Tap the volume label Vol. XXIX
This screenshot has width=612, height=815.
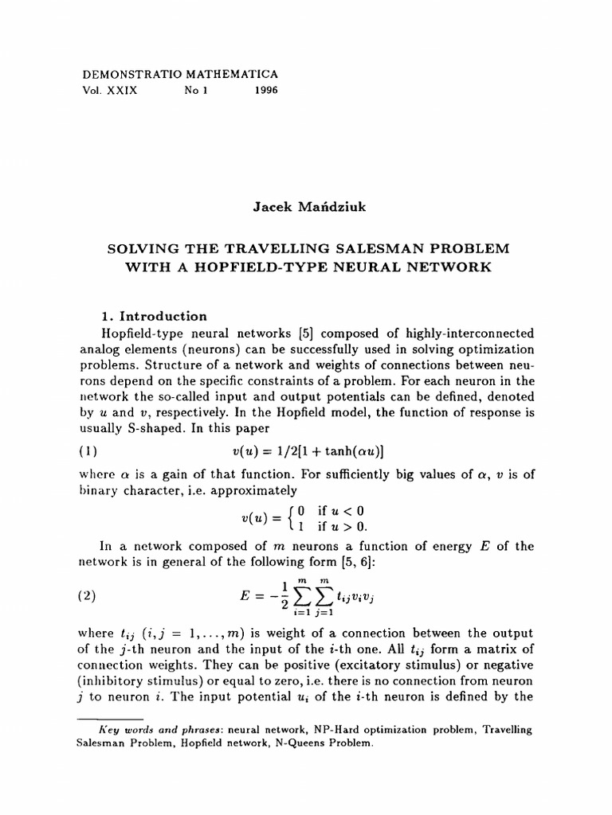coord(110,91)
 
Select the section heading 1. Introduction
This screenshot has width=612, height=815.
coord(144,315)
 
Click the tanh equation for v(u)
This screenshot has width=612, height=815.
coord(308,450)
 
